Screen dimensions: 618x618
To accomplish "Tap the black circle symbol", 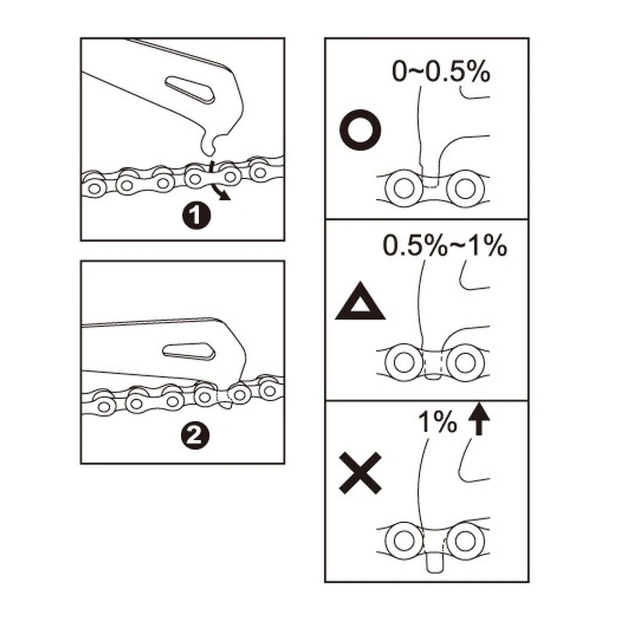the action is coord(360,130).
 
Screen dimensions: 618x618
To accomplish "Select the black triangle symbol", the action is coord(360,301).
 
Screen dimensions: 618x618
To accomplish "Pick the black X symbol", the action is coord(360,473).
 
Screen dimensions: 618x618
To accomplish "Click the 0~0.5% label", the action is coord(441,72).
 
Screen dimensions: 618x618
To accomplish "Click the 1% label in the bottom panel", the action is coord(437,422).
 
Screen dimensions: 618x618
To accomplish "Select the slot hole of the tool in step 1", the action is coord(190,90).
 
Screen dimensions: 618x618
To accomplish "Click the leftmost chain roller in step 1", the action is coord(94,188).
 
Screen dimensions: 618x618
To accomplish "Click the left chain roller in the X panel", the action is coord(403,541).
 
